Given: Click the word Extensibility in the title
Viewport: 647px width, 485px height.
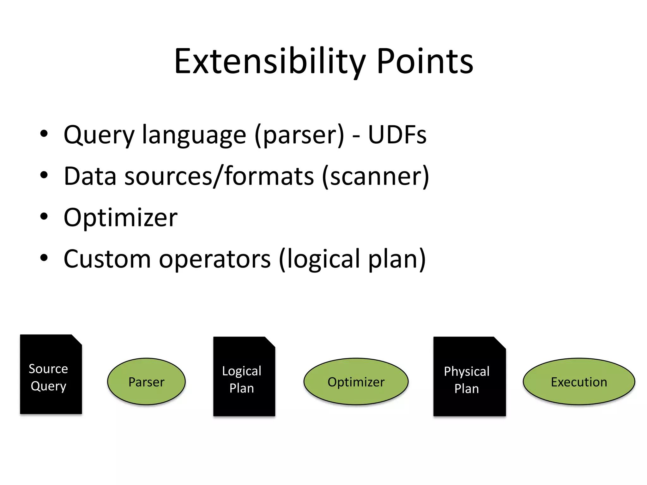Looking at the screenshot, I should (270, 61).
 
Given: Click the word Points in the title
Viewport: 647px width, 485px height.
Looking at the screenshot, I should (425, 61).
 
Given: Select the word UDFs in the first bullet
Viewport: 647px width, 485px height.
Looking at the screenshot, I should (397, 135).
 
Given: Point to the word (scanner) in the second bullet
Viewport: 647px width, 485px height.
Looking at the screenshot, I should (375, 176).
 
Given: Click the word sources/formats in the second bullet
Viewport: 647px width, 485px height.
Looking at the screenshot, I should (220, 176).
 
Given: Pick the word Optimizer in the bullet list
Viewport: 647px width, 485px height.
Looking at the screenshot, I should (120, 218).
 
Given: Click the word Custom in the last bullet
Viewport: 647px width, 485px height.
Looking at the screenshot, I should (107, 259).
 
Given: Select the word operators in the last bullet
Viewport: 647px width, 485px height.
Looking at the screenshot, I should (215, 259).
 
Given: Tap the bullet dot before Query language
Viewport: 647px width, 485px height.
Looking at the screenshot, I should (44, 134).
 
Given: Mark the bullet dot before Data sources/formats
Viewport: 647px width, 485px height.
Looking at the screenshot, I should (44, 175).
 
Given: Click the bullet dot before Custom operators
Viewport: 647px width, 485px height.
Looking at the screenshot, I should (44, 258).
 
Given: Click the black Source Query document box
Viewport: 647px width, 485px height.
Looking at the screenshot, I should (51, 374).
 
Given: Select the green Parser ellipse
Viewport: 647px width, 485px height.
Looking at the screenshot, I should (146, 381).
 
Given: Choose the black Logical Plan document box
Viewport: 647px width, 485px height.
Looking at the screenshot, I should (244, 376).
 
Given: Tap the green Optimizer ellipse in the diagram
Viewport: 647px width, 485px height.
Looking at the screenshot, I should (356, 381).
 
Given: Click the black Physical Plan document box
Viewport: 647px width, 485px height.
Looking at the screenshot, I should (469, 376).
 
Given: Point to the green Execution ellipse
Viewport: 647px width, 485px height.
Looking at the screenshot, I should (579, 381).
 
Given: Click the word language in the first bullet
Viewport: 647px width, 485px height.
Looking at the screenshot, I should (194, 135).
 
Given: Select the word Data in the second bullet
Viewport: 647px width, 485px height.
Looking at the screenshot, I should (90, 176).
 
